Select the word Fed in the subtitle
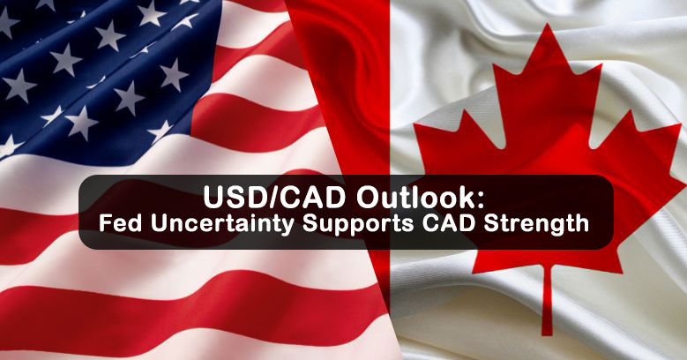click(x=121, y=222)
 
